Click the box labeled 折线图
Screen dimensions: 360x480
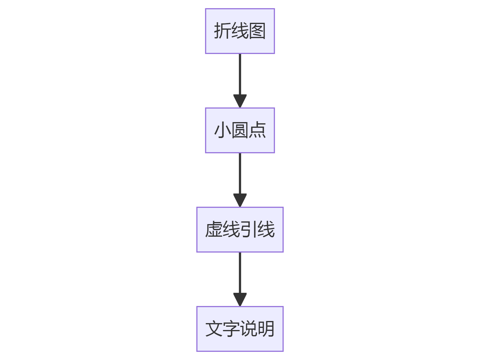(x=240, y=31)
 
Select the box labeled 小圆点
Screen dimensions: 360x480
(x=240, y=130)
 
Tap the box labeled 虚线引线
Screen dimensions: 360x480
(x=240, y=229)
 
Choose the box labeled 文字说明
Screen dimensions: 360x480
(x=240, y=329)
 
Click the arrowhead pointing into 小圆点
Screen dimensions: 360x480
(x=240, y=101)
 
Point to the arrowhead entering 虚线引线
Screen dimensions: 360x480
(x=240, y=200)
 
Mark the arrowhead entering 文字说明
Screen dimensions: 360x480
(x=240, y=299)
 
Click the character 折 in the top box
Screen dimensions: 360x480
(x=222, y=31)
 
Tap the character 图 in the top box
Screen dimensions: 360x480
(x=257, y=31)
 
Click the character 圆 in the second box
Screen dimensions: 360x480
(x=240, y=130)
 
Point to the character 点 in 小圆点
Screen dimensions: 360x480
(x=257, y=130)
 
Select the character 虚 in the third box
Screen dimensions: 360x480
(x=214, y=229)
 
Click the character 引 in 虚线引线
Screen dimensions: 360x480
(x=248, y=229)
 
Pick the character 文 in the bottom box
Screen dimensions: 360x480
(x=214, y=329)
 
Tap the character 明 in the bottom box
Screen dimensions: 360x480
(x=266, y=329)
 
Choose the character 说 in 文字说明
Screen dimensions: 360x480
(x=248, y=329)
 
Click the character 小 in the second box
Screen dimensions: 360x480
(x=222, y=130)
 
